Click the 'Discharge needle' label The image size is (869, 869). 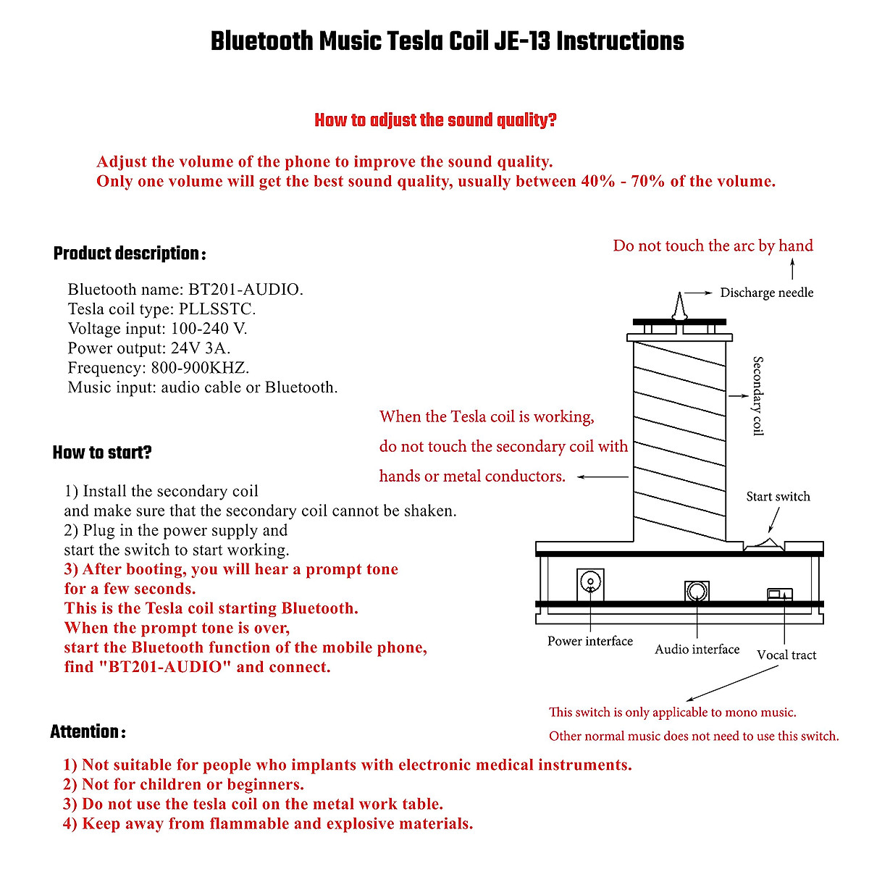(x=766, y=293)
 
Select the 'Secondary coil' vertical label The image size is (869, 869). (x=757, y=395)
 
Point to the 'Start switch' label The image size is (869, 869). (x=778, y=497)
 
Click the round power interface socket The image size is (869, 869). (x=591, y=582)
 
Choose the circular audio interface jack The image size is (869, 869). (x=697, y=591)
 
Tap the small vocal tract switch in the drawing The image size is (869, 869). (x=779, y=595)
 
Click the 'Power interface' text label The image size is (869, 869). (x=589, y=641)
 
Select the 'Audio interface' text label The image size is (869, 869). (x=697, y=650)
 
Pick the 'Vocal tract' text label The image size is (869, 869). (x=786, y=655)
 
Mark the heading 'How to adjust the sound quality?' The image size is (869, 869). (x=435, y=120)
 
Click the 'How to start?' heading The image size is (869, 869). (x=102, y=453)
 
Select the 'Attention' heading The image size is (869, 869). (x=87, y=732)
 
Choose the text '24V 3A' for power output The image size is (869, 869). (x=201, y=348)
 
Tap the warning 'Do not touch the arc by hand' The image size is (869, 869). (x=713, y=246)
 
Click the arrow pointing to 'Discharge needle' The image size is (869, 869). (x=699, y=293)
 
